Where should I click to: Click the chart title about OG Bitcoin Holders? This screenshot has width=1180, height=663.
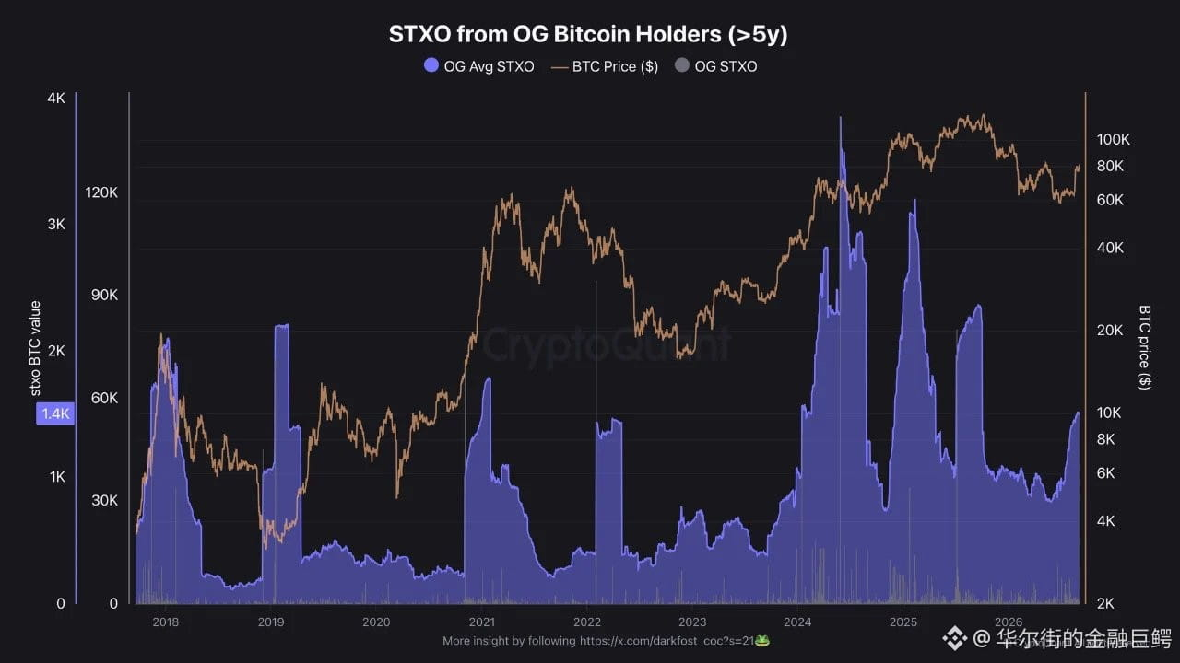[x=588, y=34]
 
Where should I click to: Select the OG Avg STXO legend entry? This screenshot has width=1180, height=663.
[x=478, y=66]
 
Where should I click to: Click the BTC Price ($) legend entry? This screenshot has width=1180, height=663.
[x=604, y=67]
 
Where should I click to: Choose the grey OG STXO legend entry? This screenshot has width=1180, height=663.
[x=716, y=66]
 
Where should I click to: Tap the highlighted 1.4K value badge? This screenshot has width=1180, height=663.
[x=55, y=413]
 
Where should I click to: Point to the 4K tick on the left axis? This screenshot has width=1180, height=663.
[x=56, y=98]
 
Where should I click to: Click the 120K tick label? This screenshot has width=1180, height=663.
[x=101, y=192]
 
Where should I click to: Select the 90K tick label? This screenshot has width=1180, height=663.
[x=104, y=296]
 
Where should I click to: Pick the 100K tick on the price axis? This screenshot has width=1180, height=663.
[x=1113, y=139]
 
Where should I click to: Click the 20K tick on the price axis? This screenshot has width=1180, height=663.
[x=1110, y=331]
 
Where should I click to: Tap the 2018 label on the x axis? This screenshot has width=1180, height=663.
[x=165, y=622]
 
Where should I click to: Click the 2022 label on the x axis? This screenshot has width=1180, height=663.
[x=587, y=622]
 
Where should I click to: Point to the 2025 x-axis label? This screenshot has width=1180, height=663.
[x=903, y=622]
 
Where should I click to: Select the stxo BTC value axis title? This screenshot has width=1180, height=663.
[x=35, y=348]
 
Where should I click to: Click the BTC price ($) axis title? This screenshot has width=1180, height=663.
[x=1144, y=347]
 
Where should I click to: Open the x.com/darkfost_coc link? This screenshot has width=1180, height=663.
[x=667, y=641]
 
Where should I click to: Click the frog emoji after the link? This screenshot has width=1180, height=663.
[x=762, y=641]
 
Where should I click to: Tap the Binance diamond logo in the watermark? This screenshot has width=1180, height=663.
[x=954, y=638]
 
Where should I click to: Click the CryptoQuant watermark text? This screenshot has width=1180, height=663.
[x=607, y=344]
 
